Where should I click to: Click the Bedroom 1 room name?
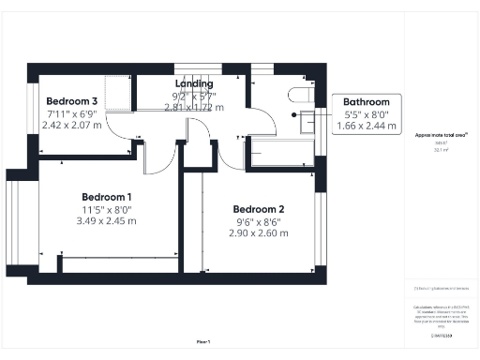[x=106, y=197]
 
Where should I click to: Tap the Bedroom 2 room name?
[x=258, y=209]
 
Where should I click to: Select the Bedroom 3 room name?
[x=72, y=101]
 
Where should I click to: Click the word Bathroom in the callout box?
[x=367, y=102]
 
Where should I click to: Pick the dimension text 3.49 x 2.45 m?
[x=106, y=221]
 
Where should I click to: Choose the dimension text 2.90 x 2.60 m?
[x=258, y=233]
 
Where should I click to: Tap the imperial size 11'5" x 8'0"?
[x=106, y=209]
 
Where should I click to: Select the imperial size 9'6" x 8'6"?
[x=258, y=221]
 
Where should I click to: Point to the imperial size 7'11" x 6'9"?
[x=72, y=113]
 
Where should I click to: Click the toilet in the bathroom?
[x=301, y=94]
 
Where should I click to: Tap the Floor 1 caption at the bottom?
[x=203, y=342]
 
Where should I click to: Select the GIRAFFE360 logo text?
[x=441, y=335]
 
